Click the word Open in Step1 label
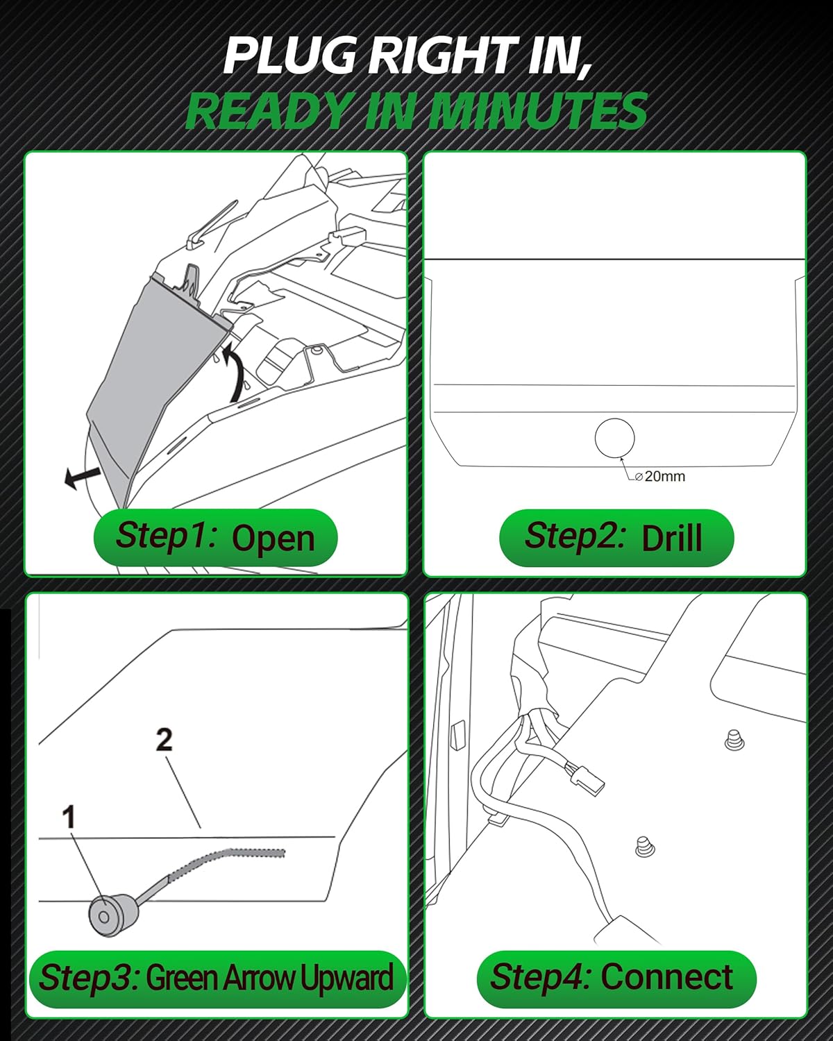click(273, 539)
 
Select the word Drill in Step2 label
click(671, 539)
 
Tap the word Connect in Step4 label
click(666, 977)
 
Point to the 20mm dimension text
click(664, 476)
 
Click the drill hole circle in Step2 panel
click(614, 438)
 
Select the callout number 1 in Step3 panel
click(68, 818)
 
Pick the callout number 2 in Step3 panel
click(164, 740)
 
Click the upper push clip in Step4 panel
click(733, 740)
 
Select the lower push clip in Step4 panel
click(644, 847)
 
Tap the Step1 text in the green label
click(167, 536)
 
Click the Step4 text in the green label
click(540, 976)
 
